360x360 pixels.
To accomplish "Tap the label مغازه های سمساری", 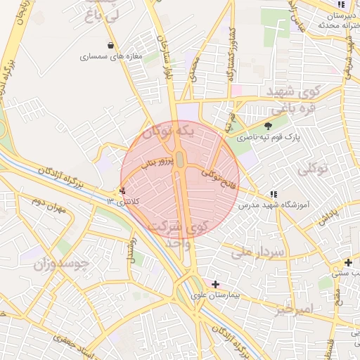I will point(111,56).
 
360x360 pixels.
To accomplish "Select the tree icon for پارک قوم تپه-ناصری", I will point(267,126).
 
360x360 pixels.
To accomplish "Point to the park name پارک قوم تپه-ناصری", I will point(267,138).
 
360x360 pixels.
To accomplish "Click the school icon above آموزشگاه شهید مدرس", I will point(273,194).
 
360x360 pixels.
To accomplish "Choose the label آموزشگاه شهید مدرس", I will point(278,205).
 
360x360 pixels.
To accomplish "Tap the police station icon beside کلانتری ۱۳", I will point(122,191).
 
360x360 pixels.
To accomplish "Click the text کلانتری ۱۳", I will point(124,202).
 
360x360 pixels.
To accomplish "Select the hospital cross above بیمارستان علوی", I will point(215,284).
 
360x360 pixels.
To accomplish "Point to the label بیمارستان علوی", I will point(215,295).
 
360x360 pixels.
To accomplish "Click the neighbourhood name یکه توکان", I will point(167,131).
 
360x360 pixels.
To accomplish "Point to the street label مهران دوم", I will point(47,204).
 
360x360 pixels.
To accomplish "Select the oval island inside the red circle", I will point(179,160).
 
